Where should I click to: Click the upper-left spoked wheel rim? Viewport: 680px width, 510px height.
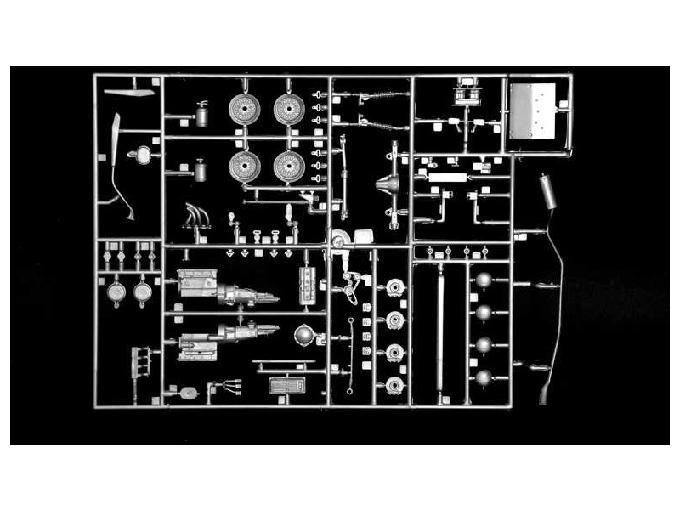[244, 109]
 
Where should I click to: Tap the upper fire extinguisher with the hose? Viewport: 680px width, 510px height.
[202, 113]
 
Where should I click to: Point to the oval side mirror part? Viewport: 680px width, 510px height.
[142, 155]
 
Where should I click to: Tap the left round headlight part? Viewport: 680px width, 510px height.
[117, 292]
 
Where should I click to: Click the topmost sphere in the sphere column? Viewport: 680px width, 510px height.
[484, 281]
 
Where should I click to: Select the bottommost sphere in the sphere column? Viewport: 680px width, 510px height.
[484, 377]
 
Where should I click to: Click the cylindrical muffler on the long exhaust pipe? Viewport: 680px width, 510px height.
[547, 194]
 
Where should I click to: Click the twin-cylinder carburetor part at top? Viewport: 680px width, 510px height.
[467, 92]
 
